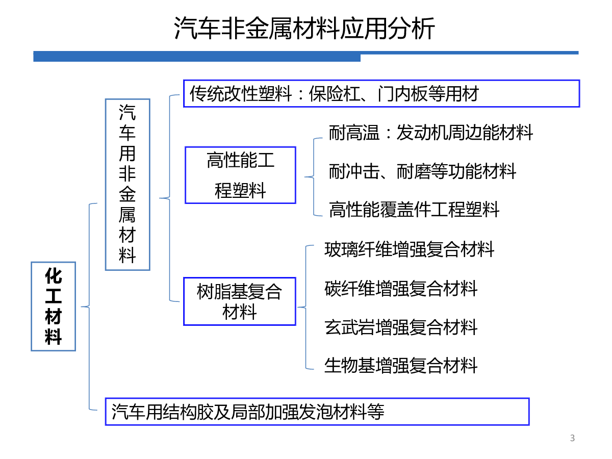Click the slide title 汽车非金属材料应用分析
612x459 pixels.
[x=304, y=28]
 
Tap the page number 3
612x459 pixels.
[x=572, y=438]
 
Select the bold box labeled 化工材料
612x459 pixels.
[x=53, y=307]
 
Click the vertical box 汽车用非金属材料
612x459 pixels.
[x=127, y=185]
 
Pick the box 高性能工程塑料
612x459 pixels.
[x=240, y=175]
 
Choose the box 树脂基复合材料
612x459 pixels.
[x=240, y=301]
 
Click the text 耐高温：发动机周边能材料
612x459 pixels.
[x=431, y=133]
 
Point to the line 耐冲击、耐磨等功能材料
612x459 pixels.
[x=422, y=171]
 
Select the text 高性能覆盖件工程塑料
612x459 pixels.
[x=414, y=209]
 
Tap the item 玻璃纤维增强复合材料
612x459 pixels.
[x=410, y=249]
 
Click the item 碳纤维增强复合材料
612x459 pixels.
[x=401, y=289]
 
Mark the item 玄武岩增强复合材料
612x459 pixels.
[x=401, y=327]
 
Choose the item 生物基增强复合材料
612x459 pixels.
[x=401, y=365]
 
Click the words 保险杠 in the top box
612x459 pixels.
[x=334, y=94]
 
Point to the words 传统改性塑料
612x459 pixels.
[x=240, y=94]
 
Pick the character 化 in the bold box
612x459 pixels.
[x=53, y=276]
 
